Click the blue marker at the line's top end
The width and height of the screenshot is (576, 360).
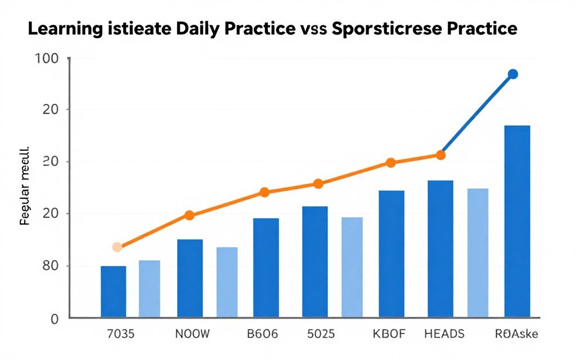pos(512,74)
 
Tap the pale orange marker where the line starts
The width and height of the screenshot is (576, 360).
pos(117,247)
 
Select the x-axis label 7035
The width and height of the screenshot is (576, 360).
pos(120,334)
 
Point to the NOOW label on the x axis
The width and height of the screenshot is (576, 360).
pos(193,334)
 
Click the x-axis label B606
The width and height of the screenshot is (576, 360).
pos(262,334)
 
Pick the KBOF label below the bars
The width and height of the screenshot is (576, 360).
pos(389,334)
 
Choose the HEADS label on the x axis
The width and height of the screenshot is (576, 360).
pos(444,334)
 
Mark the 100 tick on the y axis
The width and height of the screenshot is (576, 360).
pos(51,58)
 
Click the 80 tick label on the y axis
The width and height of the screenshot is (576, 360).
pos(51,266)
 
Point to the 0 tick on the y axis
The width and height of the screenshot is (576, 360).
pos(55,319)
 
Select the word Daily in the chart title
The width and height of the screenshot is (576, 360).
pos(191,29)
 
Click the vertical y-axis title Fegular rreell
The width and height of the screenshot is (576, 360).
pos(25,188)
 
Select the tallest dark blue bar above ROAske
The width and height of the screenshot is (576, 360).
pos(517,221)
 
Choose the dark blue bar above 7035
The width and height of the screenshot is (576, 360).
pos(113,291)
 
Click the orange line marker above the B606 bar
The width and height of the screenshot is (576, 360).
pos(264,192)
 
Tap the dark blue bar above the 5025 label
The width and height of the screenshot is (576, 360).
pos(314,262)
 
